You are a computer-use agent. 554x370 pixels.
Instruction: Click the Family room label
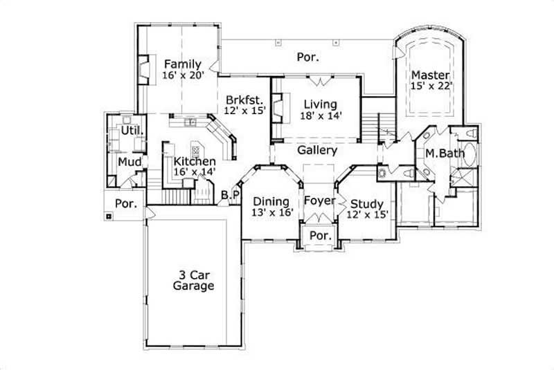click(183, 64)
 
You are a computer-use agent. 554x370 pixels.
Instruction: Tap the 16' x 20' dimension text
click(183, 75)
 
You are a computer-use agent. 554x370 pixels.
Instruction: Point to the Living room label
click(320, 104)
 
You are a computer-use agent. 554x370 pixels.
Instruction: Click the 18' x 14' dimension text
click(320, 115)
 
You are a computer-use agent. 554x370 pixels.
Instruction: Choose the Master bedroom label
click(430, 75)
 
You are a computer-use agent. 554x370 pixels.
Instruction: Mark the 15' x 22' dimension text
click(430, 86)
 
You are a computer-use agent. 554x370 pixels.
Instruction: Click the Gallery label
click(317, 150)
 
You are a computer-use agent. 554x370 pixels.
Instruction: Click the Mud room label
click(129, 163)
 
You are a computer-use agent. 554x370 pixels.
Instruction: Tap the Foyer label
click(319, 201)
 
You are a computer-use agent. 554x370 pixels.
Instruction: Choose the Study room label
click(366, 204)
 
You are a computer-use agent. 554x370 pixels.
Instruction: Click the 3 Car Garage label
click(193, 279)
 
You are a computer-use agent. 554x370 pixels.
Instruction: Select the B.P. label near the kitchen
click(230, 196)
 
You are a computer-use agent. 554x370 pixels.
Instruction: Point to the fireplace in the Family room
click(145, 70)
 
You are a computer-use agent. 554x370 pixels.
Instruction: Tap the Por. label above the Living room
click(307, 57)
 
